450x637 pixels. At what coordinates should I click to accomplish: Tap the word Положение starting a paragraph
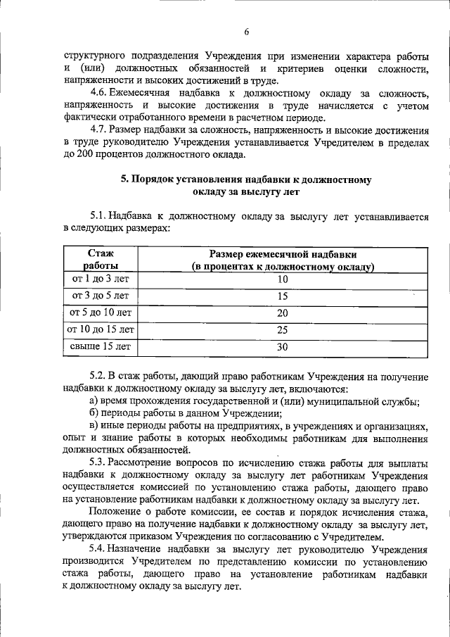click(115, 512)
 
